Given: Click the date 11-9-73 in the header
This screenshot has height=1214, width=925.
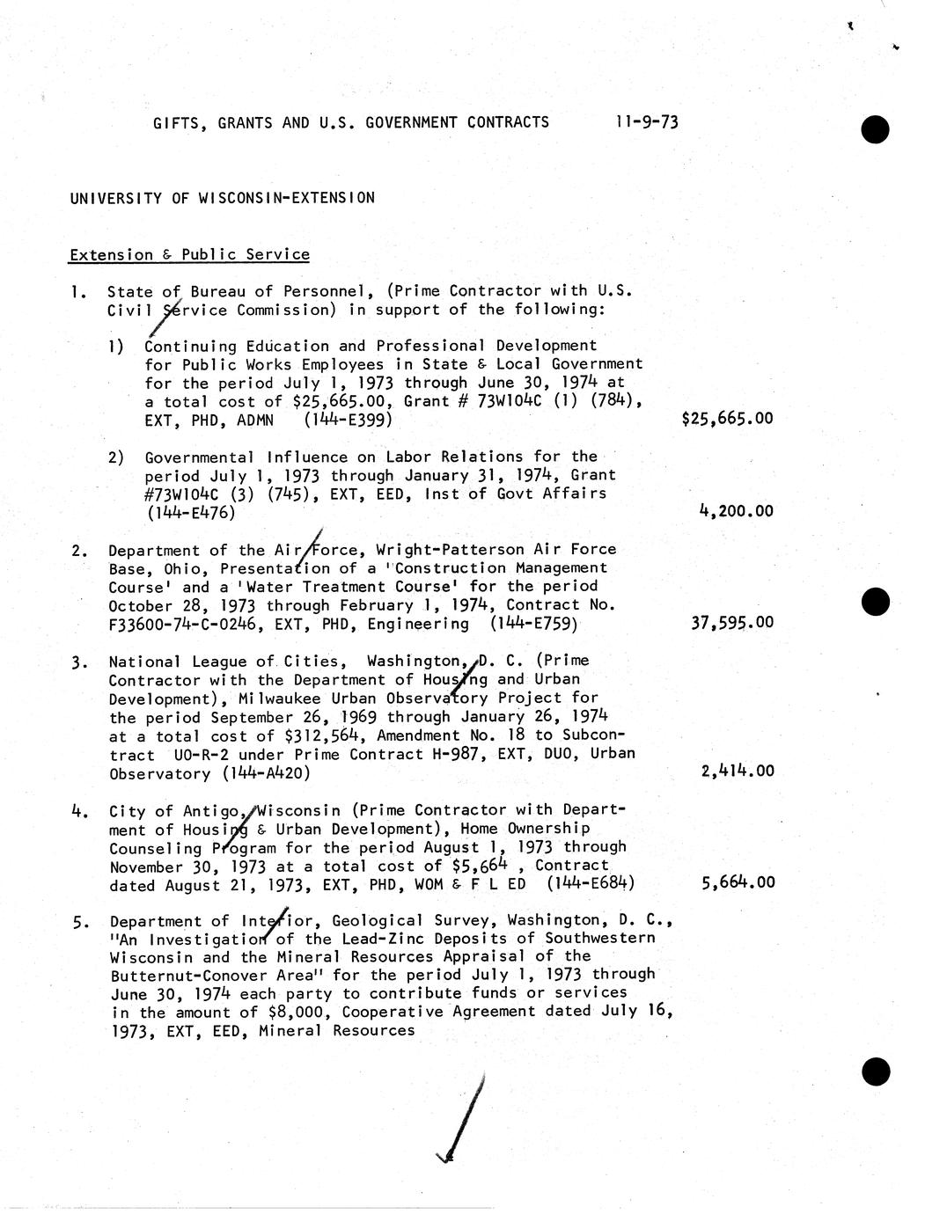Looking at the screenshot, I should point(647,122).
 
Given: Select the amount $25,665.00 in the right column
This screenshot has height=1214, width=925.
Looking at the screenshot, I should point(727,419).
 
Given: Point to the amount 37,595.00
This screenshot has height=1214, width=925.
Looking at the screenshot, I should point(732,623).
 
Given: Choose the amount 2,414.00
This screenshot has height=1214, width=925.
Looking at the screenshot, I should point(738,772).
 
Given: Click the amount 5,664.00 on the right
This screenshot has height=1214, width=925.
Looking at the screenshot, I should point(738,882).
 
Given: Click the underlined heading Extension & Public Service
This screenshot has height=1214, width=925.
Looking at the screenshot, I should point(189,255).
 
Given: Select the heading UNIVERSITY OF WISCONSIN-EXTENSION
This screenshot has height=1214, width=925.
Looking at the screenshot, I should point(223,198).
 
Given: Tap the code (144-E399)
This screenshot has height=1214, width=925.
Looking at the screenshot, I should point(348,421).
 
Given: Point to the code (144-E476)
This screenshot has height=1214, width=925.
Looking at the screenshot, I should point(191,512).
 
